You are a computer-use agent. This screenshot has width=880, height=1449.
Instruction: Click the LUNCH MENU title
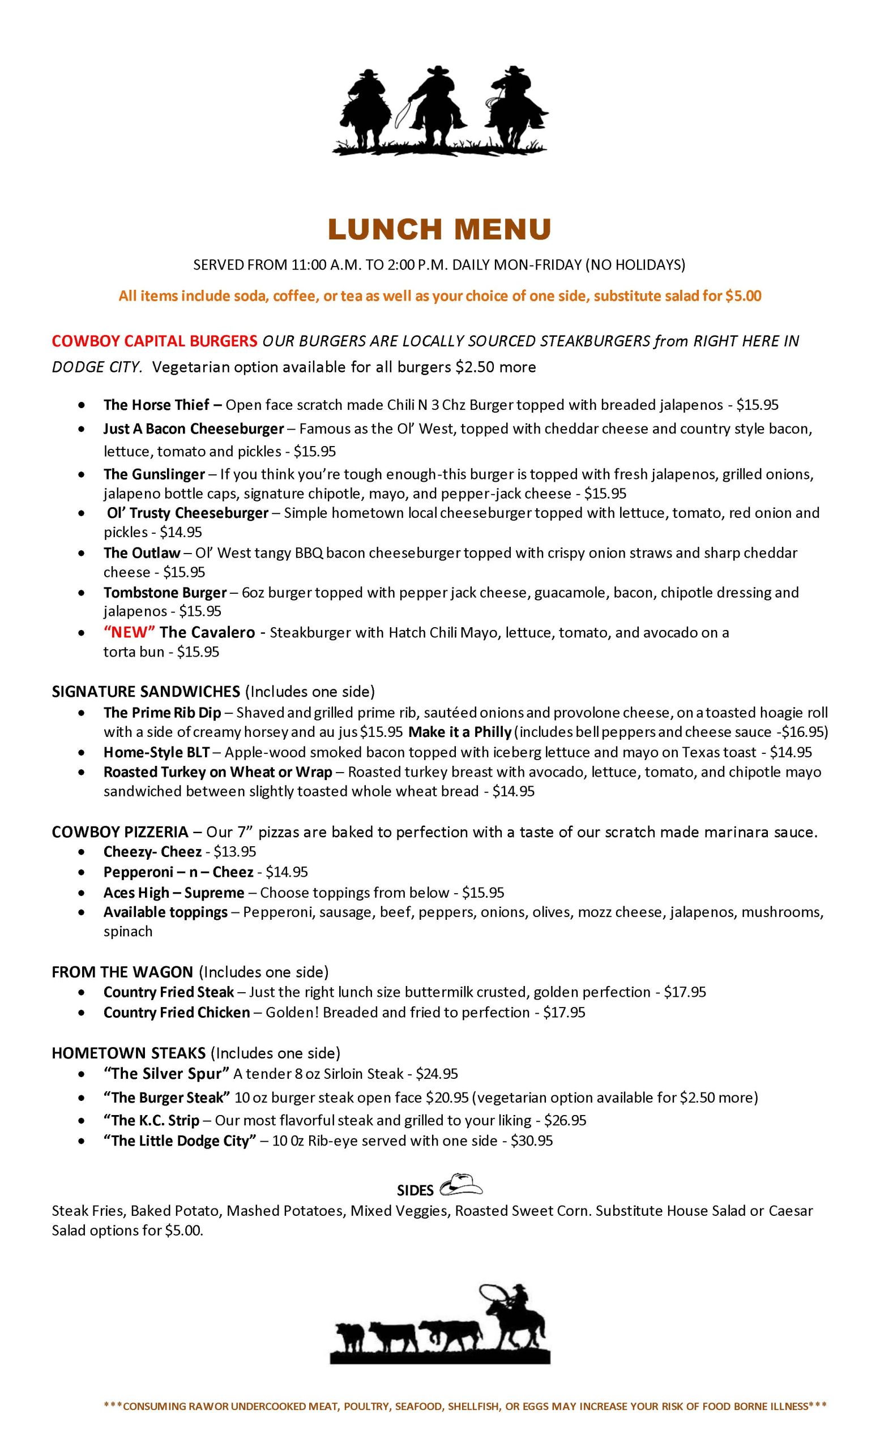(x=439, y=230)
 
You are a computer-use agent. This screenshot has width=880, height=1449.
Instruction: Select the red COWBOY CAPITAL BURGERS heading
(x=154, y=341)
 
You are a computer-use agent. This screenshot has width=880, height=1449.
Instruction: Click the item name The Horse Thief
(x=156, y=405)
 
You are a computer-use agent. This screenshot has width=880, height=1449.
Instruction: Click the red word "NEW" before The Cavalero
(x=129, y=632)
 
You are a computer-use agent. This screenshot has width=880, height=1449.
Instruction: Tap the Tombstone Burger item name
(x=165, y=592)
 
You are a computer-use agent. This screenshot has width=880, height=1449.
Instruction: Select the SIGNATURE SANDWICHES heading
(x=146, y=691)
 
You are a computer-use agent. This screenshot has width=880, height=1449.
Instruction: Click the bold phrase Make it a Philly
(x=460, y=732)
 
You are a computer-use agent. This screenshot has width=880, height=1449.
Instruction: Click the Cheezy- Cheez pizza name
(x=152, y=851)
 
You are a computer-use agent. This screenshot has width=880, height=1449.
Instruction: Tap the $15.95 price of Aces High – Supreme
(x=483, y=893)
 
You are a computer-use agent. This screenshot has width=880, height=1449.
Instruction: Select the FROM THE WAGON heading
(x=122, y=972)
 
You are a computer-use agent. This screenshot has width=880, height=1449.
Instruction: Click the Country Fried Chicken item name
(x=177, y=1012)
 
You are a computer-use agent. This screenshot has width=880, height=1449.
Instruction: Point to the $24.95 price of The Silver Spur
(x=437, y=1074)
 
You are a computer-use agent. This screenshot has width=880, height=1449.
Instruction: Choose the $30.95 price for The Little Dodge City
(x=532, y=1141)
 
